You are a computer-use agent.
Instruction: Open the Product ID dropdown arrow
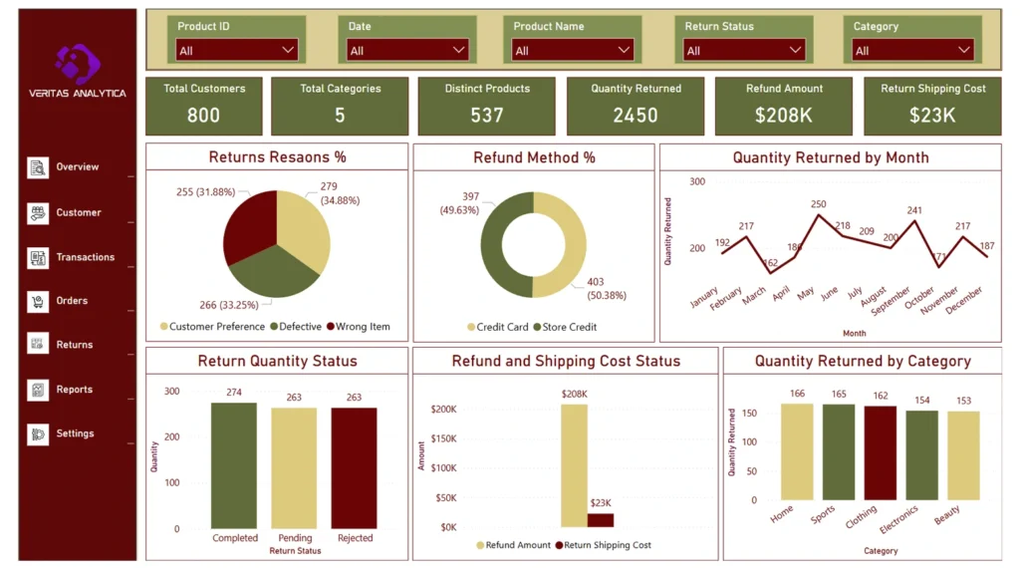click(288, 50)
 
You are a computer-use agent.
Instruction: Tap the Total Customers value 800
click(203, 115)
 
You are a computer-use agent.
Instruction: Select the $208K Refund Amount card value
click(784, 115)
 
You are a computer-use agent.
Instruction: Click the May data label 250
click(818, 204)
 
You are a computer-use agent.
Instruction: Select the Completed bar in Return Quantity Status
click(234, 465)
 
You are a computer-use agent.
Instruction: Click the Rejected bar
click(354, 468)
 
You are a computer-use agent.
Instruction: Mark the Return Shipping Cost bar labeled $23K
click(601, 520)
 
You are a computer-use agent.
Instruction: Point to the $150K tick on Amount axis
click(443, 438)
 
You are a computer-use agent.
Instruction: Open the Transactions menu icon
click(38, 257)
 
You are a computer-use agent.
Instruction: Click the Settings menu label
click(75, 433)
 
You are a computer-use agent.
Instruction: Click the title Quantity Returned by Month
click(830, 157)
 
